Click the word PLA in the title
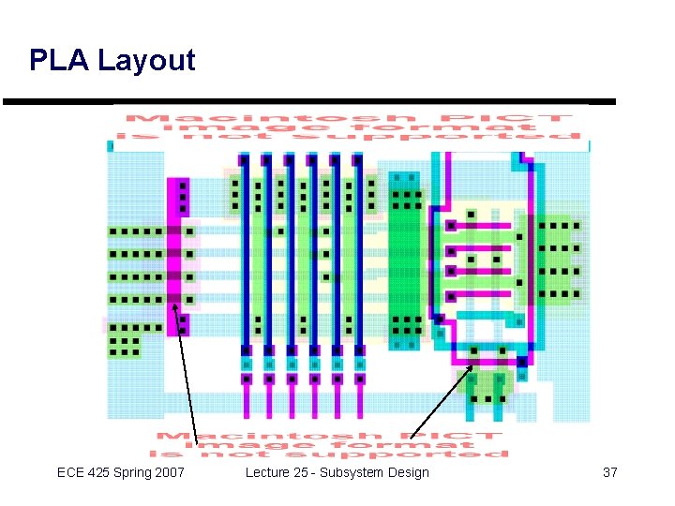pyautogui.click(x=59, y=61)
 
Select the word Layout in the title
pyautogui.click(x=146, y=62)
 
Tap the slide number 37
pyautogui.click(x=609, y=472)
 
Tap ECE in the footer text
pyautogui.click(x=71, y=472)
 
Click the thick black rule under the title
pyautogui.click(x=309, y=101)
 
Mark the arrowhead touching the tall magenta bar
pyautogui.click(x=174, y=305)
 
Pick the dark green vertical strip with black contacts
pyautogui.click(x=406, y=258)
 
